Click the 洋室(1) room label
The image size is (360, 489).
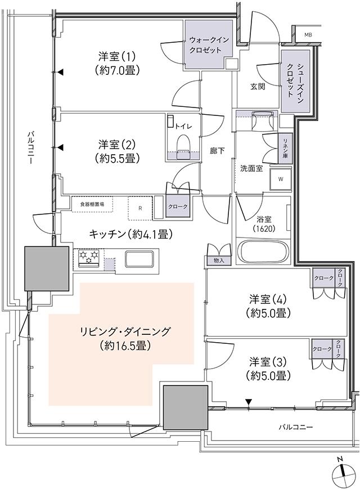click(117, 63)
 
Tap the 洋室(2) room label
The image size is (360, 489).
click(117, 151)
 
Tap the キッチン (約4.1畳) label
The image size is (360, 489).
click(130, 234)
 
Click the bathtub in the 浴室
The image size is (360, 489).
click(263, 252)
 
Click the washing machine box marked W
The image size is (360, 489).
click(280, 180)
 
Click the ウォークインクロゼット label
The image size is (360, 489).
click(209, 45)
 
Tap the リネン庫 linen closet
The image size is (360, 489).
click(285, 149)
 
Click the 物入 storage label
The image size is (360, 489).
click(219, 261)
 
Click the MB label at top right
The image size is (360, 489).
click(308, 35)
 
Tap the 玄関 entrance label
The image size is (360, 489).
click(258, 86)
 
